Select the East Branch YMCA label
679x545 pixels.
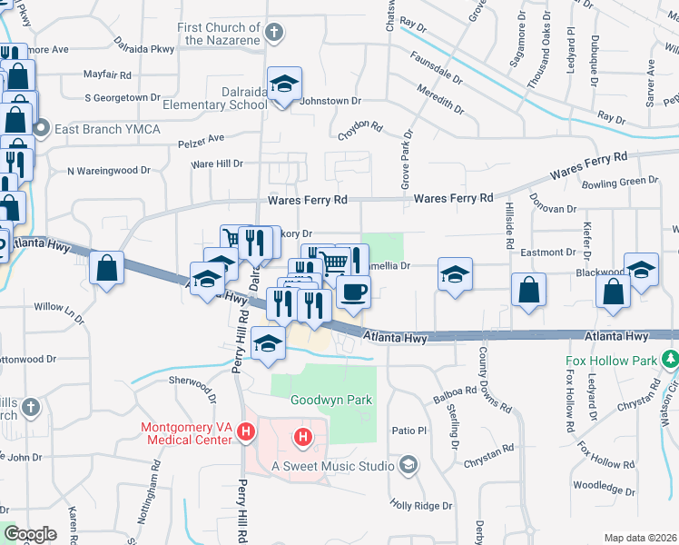pos(107,129)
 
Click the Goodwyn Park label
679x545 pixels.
pos(320,400)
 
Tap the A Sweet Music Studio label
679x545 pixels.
pos(333,466)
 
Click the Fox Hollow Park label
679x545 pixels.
pos(611,360)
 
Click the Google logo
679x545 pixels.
pos(29,534)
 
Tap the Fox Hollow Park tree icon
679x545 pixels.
pos(671,360)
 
